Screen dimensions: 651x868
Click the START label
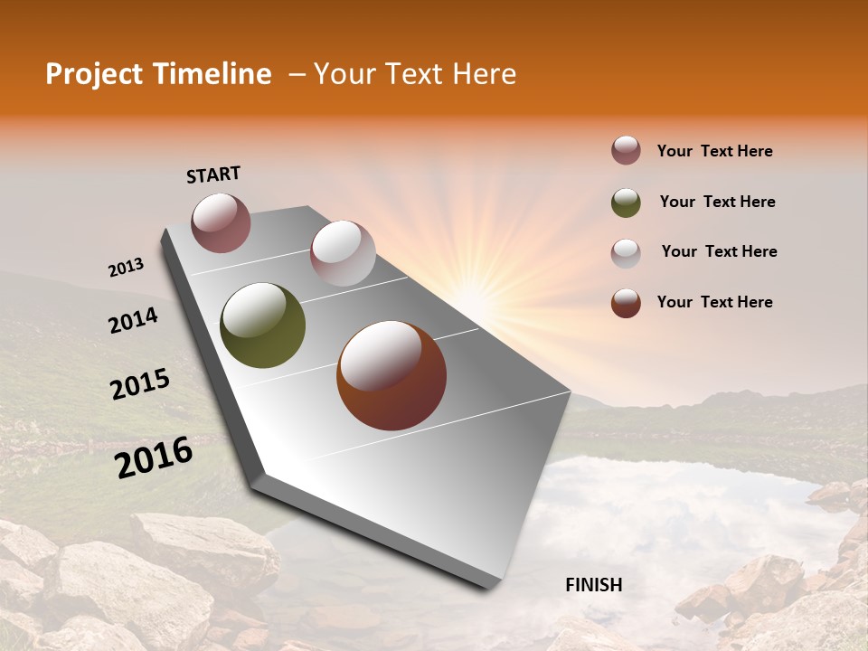(x=213, y=175)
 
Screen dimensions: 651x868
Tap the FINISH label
(x=593, y=585)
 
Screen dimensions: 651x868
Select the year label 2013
(x=126, y=268)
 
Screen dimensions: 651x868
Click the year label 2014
(x=133, y=320)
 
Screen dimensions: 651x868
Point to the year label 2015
(x=140, y=385)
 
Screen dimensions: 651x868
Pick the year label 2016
(x=154, y=457)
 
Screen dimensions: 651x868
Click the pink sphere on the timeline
(x=221, y=222)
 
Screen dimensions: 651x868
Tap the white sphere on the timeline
(x=343, y=253)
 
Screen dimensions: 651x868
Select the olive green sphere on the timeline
(x=262, y=325)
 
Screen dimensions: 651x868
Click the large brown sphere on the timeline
(x=392, y=375)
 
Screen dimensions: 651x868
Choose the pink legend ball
(x=626, y=151)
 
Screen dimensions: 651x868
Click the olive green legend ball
(x=626, y=203)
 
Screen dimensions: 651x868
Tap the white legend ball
(x=626, y=252)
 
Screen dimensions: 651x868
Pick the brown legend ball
(x=626, y=303)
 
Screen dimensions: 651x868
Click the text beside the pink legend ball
(x=714, y=152)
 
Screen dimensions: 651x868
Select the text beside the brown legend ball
(x=714, y=302)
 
